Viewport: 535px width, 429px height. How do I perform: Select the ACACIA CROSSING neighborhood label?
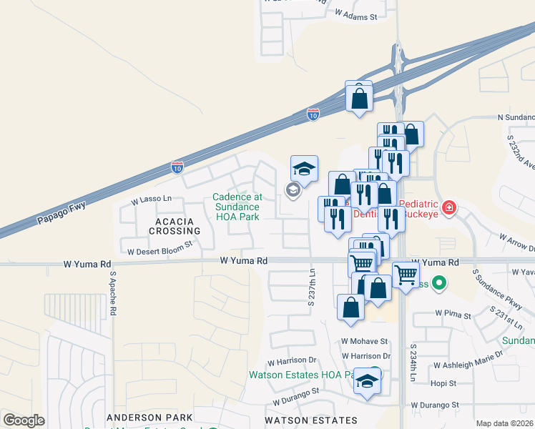point(174,226)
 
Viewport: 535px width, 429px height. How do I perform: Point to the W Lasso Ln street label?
point(152,199)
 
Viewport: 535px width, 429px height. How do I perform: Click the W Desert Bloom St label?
point(160,252)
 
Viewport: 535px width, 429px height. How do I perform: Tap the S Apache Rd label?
point(113,294)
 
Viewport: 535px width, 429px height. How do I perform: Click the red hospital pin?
point(449,208)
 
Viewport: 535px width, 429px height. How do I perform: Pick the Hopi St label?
point(443,383)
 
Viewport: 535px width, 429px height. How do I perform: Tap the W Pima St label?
point(453,315)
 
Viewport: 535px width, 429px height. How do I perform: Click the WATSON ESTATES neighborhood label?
point(310,420)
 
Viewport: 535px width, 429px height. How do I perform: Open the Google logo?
point(24,420)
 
